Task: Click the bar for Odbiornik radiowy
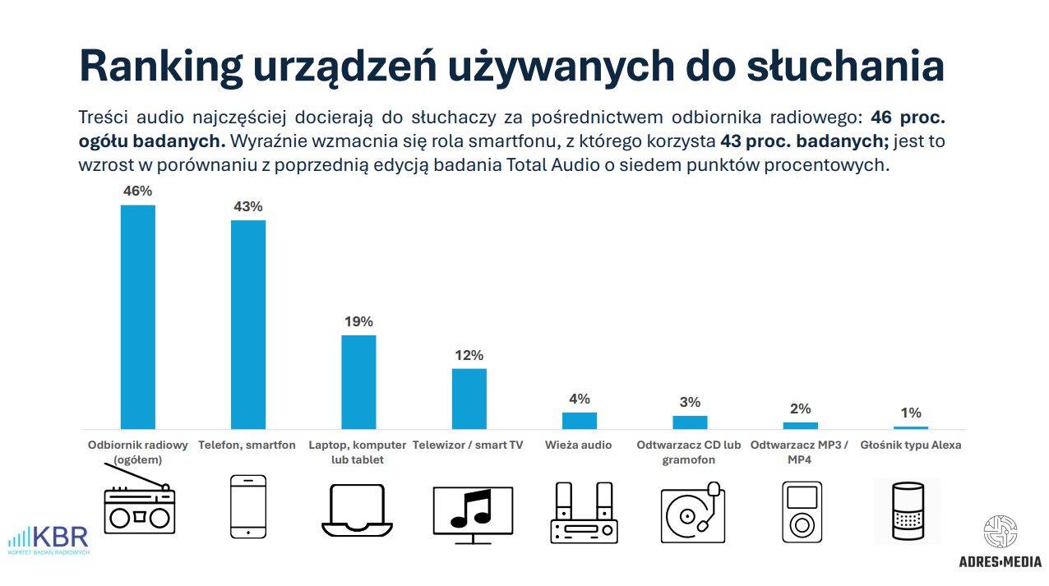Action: tap(137, 316)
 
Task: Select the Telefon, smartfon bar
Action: tap(248, 324)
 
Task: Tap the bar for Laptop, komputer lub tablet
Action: tap(358, 381)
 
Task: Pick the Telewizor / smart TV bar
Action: tap(469, 398)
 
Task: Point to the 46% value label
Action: tap(137, 191)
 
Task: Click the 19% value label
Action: tap(358, 321)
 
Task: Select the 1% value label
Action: tap(911, 413)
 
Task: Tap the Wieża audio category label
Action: tap(579, 445)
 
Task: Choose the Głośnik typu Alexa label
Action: tap(911, 445)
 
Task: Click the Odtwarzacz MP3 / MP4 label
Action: tap(800, 452)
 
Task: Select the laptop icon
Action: tap(358, 510)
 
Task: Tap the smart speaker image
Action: tap(907, 510)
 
